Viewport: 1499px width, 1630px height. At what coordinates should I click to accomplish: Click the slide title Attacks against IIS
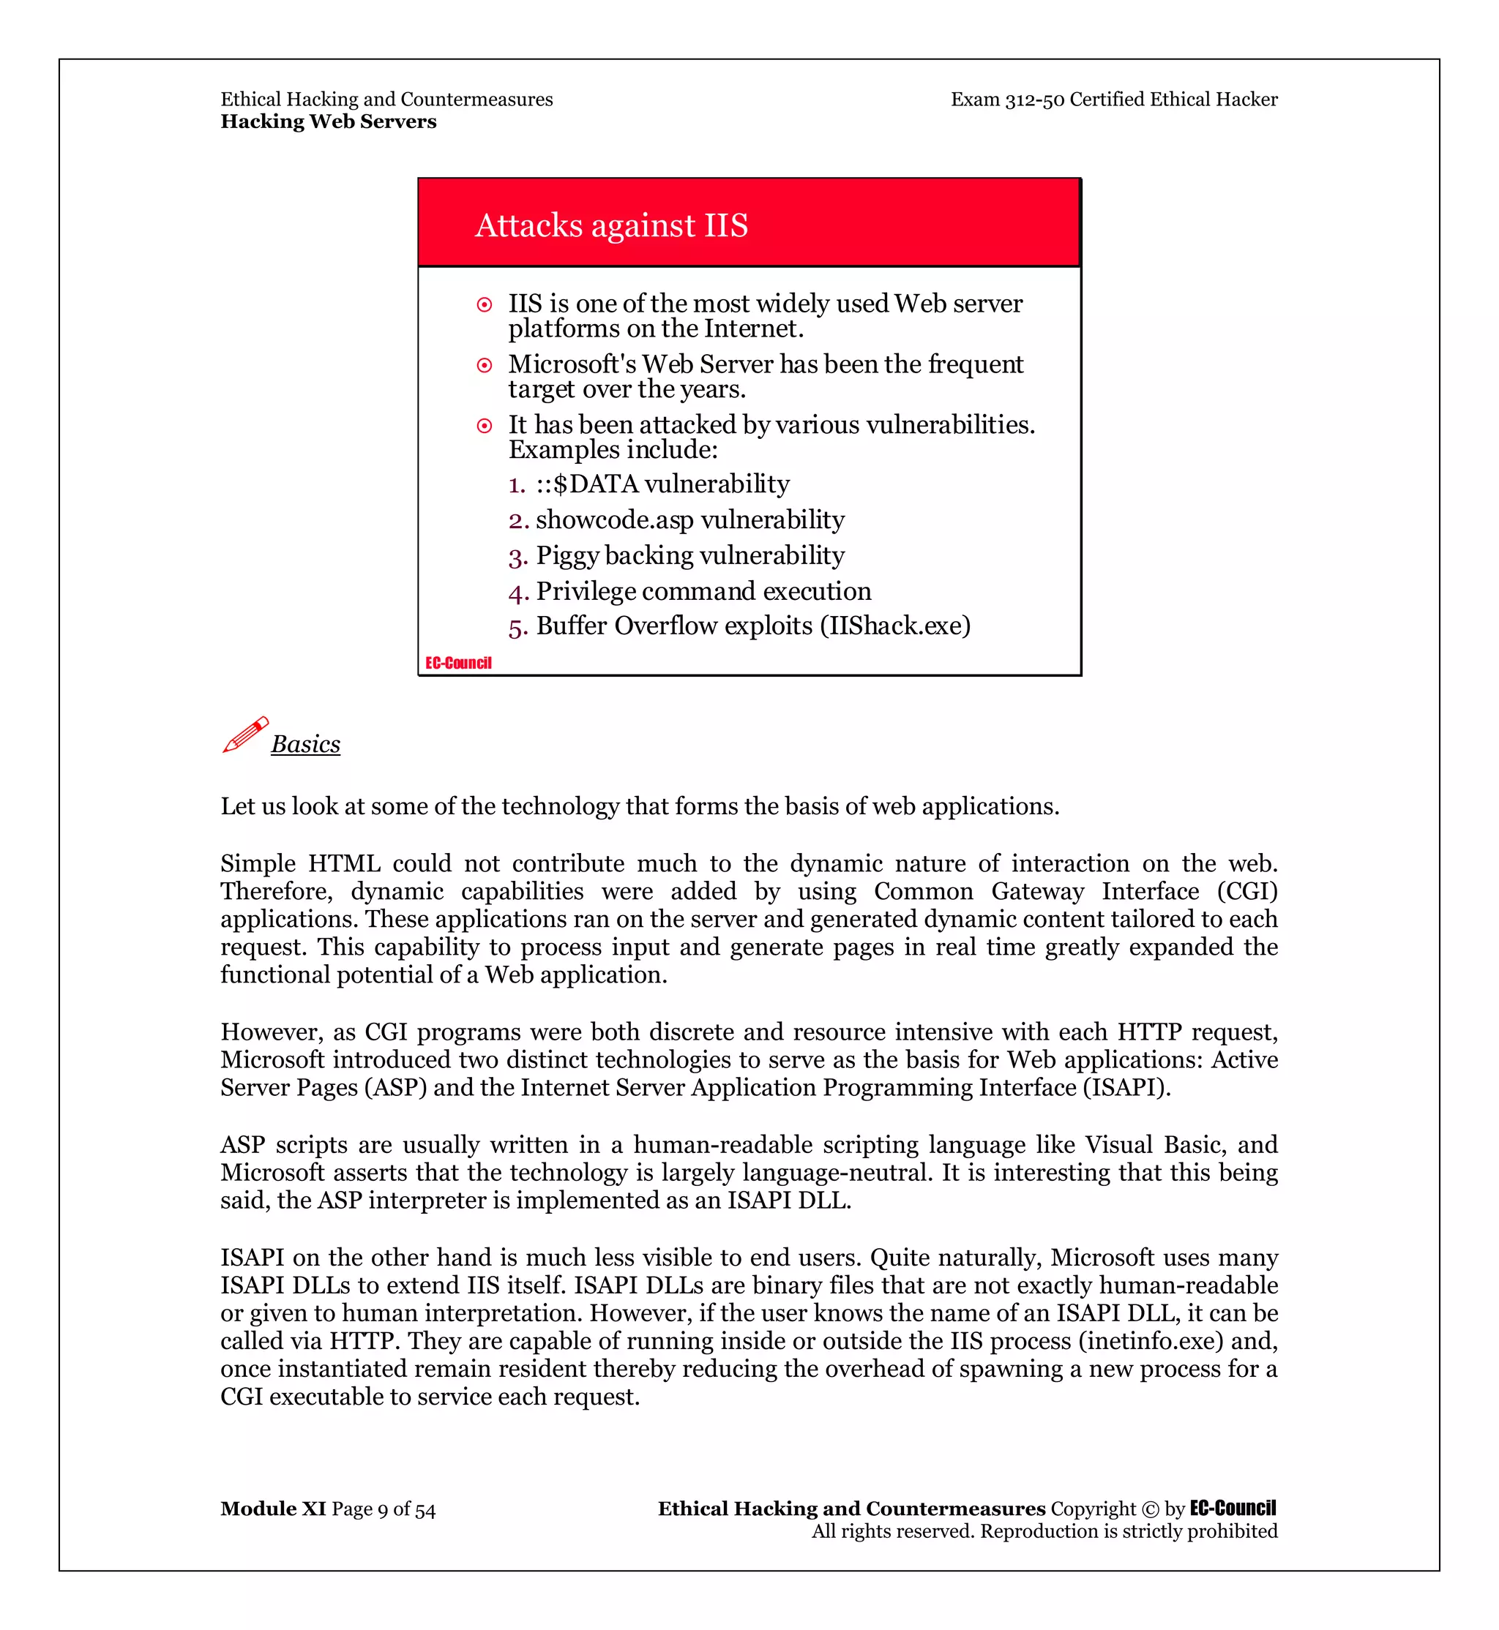click(610, 225)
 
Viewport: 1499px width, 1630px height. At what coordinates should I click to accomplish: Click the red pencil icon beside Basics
click(245, 735)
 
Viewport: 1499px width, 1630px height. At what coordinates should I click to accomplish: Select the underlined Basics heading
click(305, 745)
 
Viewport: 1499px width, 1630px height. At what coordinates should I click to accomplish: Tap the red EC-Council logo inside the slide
click(458, 664)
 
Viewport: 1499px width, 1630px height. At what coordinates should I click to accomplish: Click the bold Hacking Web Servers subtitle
click(328, 121)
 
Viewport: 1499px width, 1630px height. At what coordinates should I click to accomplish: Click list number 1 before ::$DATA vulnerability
click(517, 485)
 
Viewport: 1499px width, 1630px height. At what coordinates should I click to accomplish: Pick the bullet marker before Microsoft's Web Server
click(485, 366)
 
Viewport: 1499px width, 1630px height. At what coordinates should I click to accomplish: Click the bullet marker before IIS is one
click(485, 305)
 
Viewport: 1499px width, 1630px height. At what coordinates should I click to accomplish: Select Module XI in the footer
click(272, 1509)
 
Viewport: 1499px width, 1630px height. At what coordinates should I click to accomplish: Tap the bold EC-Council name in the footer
click(1232, 1509)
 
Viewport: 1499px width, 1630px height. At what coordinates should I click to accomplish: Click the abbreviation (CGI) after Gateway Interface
click(1246, 891)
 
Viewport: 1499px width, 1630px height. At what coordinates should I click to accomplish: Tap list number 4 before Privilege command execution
click(517, 593)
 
